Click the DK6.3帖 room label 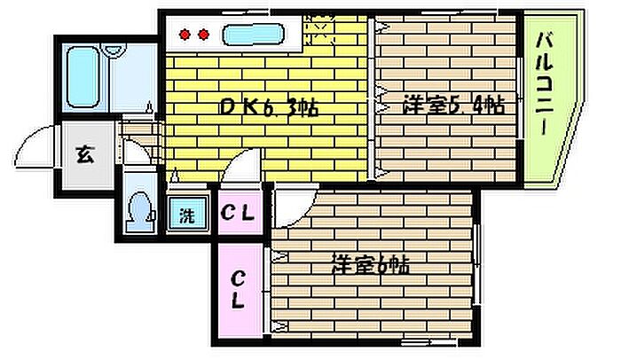[x=269, y=109]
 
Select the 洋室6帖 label [x=373, y=264]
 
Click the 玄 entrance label [x=83, y=156]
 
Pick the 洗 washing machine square [x=187, y=214]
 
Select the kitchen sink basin [x=251, y=36]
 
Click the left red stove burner [x=185, y=35]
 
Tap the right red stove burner [x=203, y=35]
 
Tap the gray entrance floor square [x=83, y=156]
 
